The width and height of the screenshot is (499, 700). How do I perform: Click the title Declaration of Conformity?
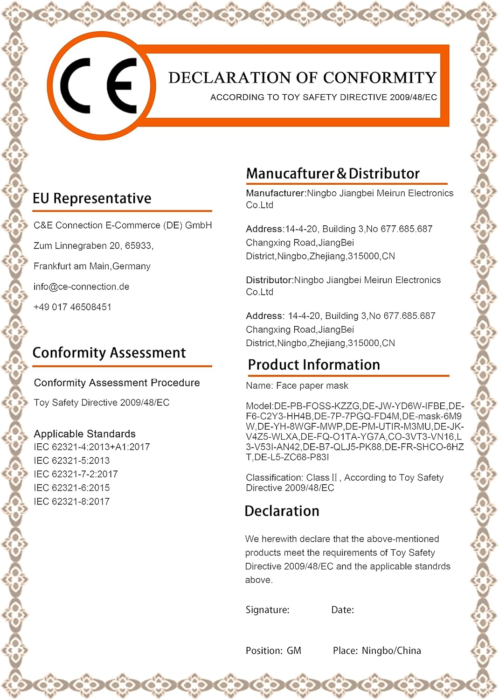point(302,77)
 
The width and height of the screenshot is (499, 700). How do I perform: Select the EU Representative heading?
point(92,198)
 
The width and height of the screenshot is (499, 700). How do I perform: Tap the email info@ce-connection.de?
point(81,287)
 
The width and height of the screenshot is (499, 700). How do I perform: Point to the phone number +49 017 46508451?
point(72,307)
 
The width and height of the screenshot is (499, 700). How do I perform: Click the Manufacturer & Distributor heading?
point(333,174)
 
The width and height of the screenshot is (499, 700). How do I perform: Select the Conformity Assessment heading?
point(109,353)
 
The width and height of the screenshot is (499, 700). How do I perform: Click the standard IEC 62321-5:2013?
point(71,461)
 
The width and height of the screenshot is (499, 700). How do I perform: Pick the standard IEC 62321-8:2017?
point(71,502)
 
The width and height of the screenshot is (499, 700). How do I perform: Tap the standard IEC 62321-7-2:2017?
point(76,474)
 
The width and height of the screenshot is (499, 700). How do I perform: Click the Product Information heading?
point(314,365)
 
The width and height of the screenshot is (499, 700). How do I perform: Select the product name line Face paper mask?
point(297,386)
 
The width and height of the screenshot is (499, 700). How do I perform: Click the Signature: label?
point(267,610)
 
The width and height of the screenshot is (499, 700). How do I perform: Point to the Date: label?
point(342,610)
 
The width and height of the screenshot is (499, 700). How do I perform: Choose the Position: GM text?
point(273,651)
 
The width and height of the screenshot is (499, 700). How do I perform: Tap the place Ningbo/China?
point(391,651)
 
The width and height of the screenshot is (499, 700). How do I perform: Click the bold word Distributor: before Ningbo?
point(269,280)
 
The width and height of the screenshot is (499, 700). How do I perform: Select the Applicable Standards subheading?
point(84,434)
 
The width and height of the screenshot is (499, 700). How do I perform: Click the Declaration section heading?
point(282,511)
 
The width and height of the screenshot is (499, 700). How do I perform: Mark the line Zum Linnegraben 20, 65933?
point(93,246)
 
